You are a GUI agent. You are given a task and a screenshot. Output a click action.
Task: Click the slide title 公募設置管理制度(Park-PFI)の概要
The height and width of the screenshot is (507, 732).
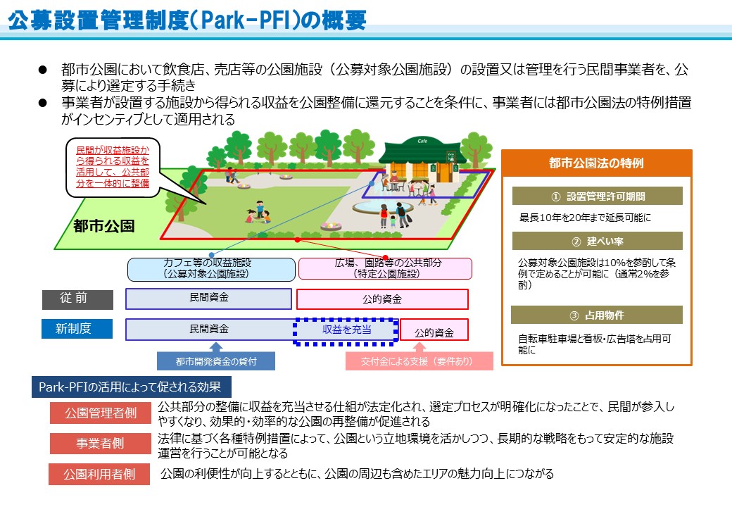(187, 20)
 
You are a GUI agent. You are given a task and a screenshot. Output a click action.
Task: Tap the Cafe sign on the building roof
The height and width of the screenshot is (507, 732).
(422, 141)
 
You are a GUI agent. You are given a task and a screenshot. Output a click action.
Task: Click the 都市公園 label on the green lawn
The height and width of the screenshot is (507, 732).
(103, 227)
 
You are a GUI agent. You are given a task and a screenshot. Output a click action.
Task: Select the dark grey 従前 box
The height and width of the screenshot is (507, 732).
(77, 299)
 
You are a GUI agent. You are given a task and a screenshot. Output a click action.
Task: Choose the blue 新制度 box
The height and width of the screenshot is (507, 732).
(77, 329)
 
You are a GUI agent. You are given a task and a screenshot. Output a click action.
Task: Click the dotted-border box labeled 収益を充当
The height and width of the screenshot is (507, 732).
(346, 331)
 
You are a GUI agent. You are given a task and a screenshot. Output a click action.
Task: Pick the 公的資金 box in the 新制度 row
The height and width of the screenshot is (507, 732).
(434, 330)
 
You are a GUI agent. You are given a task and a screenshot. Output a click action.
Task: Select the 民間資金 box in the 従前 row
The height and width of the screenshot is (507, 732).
(208, 299)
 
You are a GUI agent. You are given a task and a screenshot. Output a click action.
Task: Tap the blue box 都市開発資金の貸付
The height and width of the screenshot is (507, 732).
(216, 361)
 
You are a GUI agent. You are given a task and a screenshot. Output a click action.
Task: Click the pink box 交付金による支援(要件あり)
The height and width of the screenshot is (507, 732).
(419, 361)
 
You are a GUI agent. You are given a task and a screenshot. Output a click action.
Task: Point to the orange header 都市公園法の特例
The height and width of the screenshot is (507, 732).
(597, 163)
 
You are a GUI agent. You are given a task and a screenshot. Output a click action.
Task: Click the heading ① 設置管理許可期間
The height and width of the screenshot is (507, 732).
(597, 196)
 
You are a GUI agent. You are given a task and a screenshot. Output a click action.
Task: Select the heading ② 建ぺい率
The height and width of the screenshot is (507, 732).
(597, 241)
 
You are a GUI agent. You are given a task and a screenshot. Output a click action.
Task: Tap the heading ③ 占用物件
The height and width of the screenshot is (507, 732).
(597, 315)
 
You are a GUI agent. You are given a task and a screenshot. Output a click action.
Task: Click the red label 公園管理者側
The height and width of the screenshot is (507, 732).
(101, 413)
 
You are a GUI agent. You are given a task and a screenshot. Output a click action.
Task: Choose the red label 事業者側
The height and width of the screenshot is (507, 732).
(101, 443)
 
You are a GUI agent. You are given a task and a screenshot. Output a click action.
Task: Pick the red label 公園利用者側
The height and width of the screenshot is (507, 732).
(99, 474)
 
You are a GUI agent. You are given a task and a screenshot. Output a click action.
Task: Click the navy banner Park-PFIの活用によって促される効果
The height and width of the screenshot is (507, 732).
(131, 387)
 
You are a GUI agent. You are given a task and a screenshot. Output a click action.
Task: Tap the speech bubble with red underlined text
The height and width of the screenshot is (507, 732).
(113, 167)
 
